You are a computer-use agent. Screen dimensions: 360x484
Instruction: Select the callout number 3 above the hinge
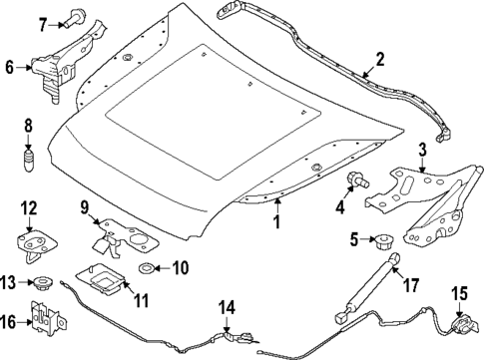(x=422, y=150)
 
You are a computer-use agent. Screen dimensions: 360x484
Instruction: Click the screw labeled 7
(x=76, y=17)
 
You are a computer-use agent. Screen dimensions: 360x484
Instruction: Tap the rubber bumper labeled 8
(x=30, y=161)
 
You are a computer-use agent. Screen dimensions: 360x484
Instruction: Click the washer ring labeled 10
(x=147, y=269)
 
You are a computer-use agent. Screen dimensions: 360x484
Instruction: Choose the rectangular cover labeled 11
(x=103, y=282)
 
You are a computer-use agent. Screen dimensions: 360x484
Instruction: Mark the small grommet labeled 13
(x=42, y=283)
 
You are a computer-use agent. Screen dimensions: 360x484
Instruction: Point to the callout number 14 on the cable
(x=228, y=306)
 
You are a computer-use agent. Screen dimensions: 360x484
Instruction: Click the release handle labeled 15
(x=462, y=325)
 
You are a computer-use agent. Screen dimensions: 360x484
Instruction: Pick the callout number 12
(x=29, y=206)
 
